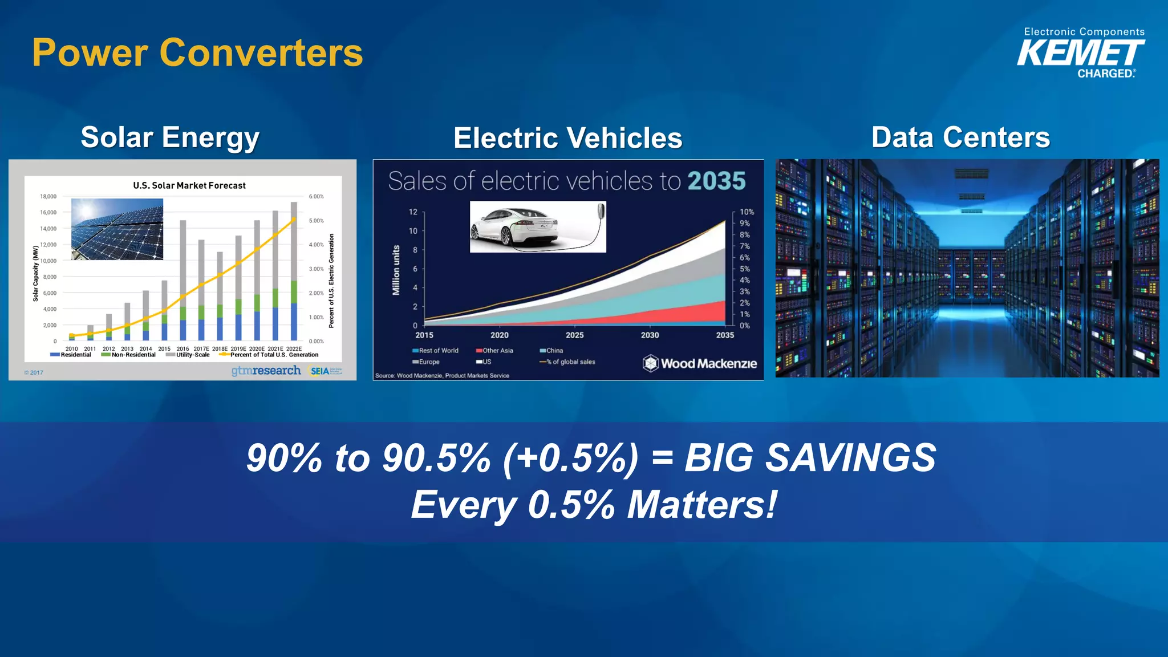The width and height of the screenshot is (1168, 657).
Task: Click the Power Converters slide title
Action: (x=197, y=52)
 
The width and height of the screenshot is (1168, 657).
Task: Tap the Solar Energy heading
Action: (x=170, y=137)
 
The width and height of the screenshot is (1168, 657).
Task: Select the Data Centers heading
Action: (x=960, y=137)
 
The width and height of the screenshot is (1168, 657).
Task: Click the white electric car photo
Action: (x=537, y=226)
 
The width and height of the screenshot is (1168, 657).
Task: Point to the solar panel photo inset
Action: (x=117, y=229)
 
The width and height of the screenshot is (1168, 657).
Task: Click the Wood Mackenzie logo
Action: (x=700, y=363)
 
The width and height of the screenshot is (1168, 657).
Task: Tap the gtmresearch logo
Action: (x=266, y=371)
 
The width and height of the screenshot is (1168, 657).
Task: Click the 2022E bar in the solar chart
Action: (x=294, y=271)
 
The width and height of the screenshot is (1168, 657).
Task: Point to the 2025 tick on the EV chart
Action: (x=574, y=335)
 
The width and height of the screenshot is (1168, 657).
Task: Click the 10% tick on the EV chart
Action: (x=747, y=212)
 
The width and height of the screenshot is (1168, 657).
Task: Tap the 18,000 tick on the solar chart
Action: (x=48, y=197)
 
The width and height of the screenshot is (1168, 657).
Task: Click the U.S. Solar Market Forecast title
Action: (x=189, y=185)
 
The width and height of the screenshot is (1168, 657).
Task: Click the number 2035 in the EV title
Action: (x=716, y=181)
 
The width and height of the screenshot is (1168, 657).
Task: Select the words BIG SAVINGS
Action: (x=810, y=458)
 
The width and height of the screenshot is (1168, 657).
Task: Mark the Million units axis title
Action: (x=396, y=270)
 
